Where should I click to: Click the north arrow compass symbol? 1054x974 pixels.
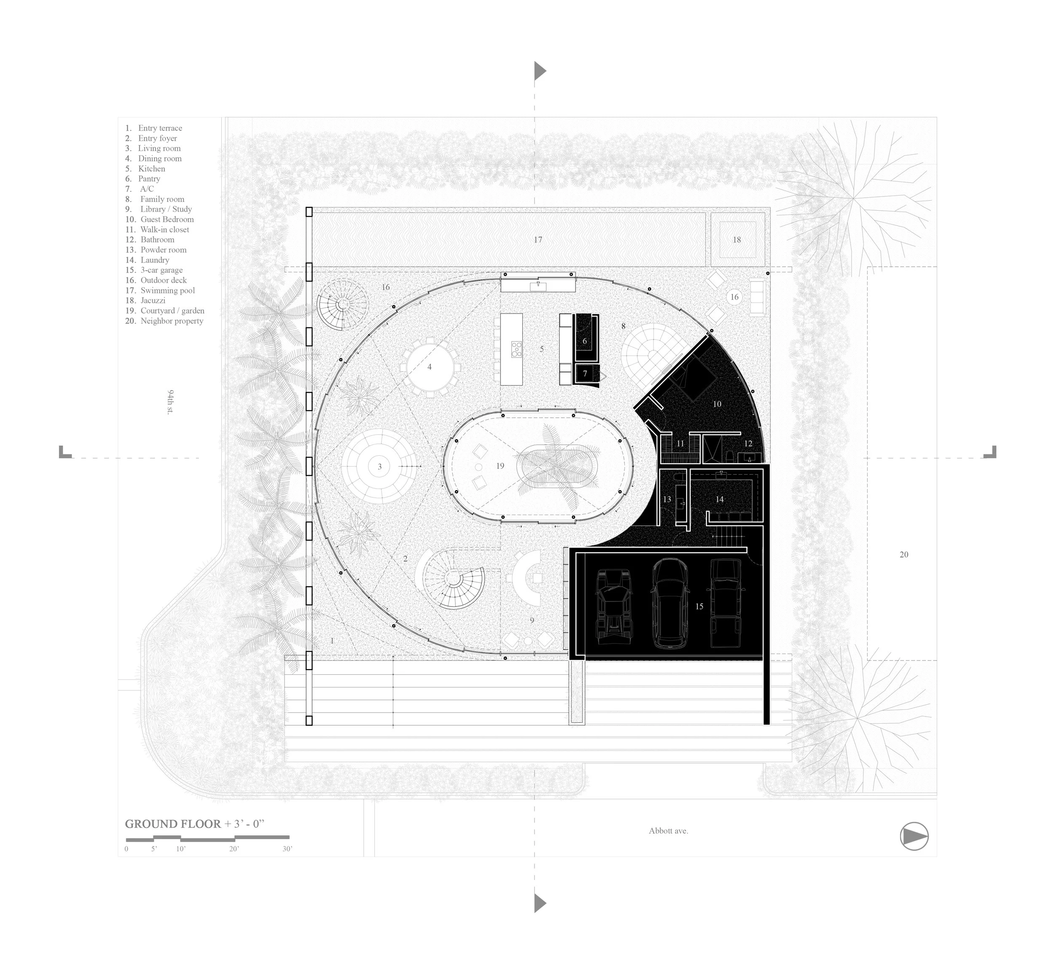pos(914,837)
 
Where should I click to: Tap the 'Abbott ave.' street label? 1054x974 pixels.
pos(668,831)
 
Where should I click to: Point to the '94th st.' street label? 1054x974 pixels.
pos(170,402)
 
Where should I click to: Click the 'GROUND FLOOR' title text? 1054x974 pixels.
pos(172,824)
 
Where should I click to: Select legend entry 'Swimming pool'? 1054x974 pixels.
pos(167,290)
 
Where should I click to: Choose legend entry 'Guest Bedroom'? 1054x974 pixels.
pos(167,219)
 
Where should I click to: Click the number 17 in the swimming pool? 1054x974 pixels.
pos(538,240)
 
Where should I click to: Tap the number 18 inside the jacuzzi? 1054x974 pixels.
pos(737,240)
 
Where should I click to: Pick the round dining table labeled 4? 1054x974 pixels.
pos(429,367)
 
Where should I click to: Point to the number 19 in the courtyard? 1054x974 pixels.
pos(500,466)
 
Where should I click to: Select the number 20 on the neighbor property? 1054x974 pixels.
pos(904,555)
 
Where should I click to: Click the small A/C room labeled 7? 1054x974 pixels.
pos(585,374)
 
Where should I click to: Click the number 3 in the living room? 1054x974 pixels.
pos(379,467)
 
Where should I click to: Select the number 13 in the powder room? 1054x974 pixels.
pos(667,499)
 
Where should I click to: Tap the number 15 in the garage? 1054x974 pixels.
pos(699,606)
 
